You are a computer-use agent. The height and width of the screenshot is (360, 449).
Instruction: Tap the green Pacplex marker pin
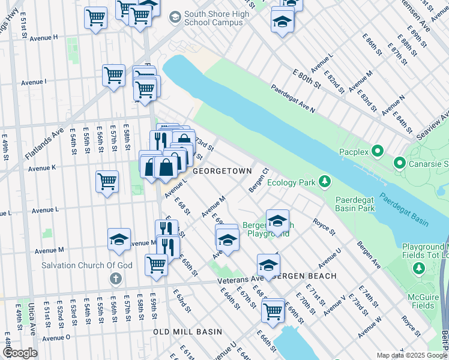click(x=378, y=151)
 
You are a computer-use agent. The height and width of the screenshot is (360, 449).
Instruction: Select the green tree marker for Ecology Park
click(x=325, y=181)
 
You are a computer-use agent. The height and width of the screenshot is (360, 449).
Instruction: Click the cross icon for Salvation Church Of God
click(x=116, y=278)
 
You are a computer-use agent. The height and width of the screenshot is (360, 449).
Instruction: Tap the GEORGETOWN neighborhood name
click(x=221, y=171)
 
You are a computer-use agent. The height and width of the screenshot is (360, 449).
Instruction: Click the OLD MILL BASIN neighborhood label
click(x=187, y=332)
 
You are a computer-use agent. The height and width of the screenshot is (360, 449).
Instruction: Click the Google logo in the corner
click(x=20, y=353)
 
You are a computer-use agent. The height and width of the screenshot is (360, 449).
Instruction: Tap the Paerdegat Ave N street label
click(x=292, y=98)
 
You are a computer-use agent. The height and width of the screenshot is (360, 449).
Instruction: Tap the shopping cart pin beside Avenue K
click(x=107, y=181)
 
